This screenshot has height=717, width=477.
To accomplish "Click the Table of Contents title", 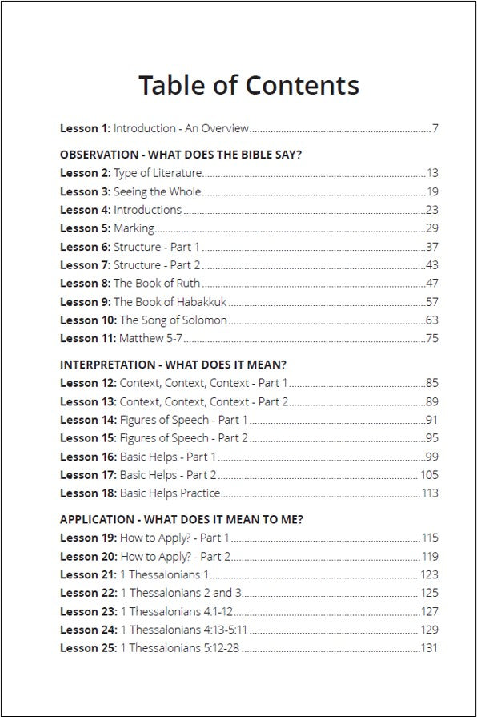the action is pyautogui.click(x=248, y=84).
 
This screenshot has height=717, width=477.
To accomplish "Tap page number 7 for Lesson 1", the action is pyautogui.click(x=435, y=128).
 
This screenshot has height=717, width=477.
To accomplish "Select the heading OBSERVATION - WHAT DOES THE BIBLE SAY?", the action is pyautogui.click(x=181, y=155).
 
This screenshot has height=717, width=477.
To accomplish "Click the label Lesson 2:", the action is pyautogui.click(x=85, y=173).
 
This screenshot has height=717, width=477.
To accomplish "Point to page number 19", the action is pyautogui.click(x=432, y=191).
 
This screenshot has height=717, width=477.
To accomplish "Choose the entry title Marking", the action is pyautogui.click(x=134, y=228).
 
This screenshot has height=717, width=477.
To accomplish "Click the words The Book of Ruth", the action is pyautogui.click(x=157, y=283).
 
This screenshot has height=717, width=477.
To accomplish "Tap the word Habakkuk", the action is pyautogui.click(x=201, y=301).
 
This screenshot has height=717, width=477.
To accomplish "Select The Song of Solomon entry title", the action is pyautogui.click(x=174, y=320).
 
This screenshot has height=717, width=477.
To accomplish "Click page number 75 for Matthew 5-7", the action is pyautogui.click(x=432, y=338).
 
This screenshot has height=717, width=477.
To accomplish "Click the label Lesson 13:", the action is pyautogui.click(x=88, y=401).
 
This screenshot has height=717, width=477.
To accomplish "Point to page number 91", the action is pyautogui.click(x=432, y=420).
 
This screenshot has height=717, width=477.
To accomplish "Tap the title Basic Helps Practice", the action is pyautogui.click(x=170, y=493).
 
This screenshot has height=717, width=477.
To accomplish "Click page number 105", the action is pyautogui.click(x=430, y=475).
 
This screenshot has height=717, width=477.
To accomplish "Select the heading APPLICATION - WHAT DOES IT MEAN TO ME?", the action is pyautogui.click(x=182, y=519).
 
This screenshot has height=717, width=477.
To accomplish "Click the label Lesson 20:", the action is pyautogui.click(x=88, y=556).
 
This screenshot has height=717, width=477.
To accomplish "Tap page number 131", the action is pyautogui.click(x=430, y=648).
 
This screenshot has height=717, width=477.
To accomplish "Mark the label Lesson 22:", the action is pyautogui.click(x=88, y=593).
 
